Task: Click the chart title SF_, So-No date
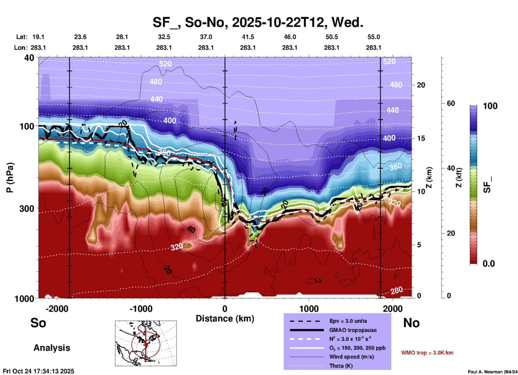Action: click(x=258, y=22)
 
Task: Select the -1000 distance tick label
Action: click(x=141, y=309)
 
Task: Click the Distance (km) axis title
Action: click(x=225, y=319)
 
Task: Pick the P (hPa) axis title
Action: click(x=10, y=177)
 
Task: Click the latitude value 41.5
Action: click(x=248, y=37)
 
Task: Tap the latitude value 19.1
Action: click(x=38, y=37)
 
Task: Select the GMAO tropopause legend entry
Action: click(x=353, y=330)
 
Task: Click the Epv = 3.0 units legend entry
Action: click(x=348, y=321)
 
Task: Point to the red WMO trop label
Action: click(x=427, y=353)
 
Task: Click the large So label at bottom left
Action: click(x=38, y=323)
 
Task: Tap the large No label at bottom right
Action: click(x=411, y=323)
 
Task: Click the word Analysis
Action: click(x=52, y=348)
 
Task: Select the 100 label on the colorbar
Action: click(x=490, y=106)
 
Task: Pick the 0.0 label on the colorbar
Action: click(x=489, y=264)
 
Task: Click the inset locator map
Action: click(x=146, y=343)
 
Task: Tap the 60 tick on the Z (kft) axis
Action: click(x=451, y=103)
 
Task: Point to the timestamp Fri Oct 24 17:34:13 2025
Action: click(x=38, y=371)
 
